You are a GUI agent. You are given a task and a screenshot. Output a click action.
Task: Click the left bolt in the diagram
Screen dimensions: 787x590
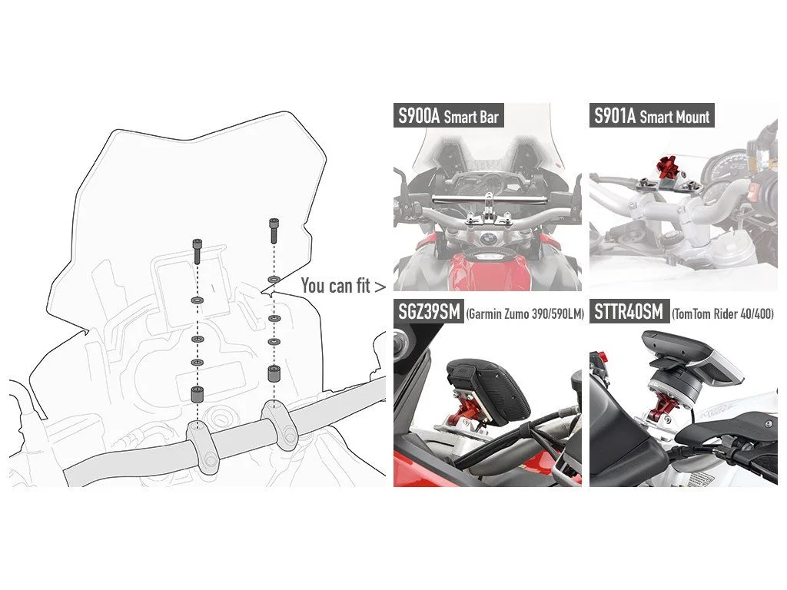[197, 251]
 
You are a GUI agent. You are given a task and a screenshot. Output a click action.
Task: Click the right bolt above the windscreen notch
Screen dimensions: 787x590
[274, 230]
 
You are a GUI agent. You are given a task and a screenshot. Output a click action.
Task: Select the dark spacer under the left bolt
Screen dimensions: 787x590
[197, 394]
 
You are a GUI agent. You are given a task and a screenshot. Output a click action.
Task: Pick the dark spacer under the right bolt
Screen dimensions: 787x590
[274, 374]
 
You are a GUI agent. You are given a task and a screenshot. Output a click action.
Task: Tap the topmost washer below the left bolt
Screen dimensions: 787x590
[197, 300]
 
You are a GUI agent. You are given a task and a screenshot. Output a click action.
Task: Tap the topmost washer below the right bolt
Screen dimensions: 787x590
[274, 278]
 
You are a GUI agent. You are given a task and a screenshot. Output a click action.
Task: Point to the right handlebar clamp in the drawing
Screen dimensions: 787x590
[279, 425]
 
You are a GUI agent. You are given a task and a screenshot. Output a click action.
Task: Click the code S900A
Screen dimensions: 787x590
[419, 116]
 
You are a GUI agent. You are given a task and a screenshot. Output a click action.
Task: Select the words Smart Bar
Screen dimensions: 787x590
[471, 117]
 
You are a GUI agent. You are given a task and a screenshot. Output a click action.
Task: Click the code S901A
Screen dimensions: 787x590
[615, 116]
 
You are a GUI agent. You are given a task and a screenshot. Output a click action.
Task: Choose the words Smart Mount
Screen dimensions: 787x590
[675, 117]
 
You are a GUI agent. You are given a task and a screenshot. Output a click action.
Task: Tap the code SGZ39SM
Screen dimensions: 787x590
[429, 312]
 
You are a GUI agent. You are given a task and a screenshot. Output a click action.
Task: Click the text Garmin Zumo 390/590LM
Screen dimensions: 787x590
[525, 314]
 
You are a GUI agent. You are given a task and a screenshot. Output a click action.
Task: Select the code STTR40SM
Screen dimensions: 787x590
[629, 312]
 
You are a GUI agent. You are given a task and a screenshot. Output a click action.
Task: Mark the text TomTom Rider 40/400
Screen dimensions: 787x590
[722, 314]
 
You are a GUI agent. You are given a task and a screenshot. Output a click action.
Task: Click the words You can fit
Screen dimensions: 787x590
[336, 286]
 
